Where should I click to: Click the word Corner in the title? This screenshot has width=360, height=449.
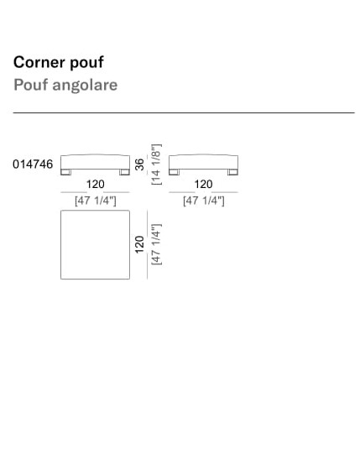pyautogui.click(x=39, y=62)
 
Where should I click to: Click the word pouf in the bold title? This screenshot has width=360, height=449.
pyautogui.click(x=86, y=63)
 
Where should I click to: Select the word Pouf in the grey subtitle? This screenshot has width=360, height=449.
pyautogui.click(x=31, y=85)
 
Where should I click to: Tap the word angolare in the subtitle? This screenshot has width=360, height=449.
pyautogui.click(x=85, y=86)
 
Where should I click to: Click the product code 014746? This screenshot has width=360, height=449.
pyautogui.click(x=33, y=164)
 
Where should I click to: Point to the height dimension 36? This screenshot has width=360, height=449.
pyautogui.click(x=139, y=164)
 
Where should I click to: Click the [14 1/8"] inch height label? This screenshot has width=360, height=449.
pyautogui.click(x=156, y=164)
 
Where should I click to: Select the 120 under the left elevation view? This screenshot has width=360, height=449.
pyautogui.click(x=96, y=184)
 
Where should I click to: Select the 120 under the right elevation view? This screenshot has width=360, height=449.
pyautogui.click(x=203, y=184)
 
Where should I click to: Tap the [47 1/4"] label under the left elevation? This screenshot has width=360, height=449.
pyautogui.click(x=96, y=201)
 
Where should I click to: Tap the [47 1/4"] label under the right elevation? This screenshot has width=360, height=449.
pyautogui.click(x=204, y=201)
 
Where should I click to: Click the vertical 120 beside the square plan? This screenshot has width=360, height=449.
pyautogui.click(x=139, y=244)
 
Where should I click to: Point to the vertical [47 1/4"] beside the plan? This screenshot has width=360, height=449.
pyautogui.click(x=156, y=244)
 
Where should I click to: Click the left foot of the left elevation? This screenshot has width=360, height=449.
pyautogui.click(x=65, y=172)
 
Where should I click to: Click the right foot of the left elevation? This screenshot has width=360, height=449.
pyautogui.click(x=124, y=172)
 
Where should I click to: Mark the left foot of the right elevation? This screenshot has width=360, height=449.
pyautogui.click(x=174, y=172)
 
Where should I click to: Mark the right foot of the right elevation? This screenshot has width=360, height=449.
pyautogui.click(x=232, y=172)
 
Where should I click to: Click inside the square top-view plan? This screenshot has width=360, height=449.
pyautogui.click(x=95, y=245)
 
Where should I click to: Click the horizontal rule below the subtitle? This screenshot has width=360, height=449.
pyautogui.click(x=184, y=112)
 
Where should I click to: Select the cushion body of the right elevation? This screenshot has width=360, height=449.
pyautogui.click(x=203, y=162)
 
